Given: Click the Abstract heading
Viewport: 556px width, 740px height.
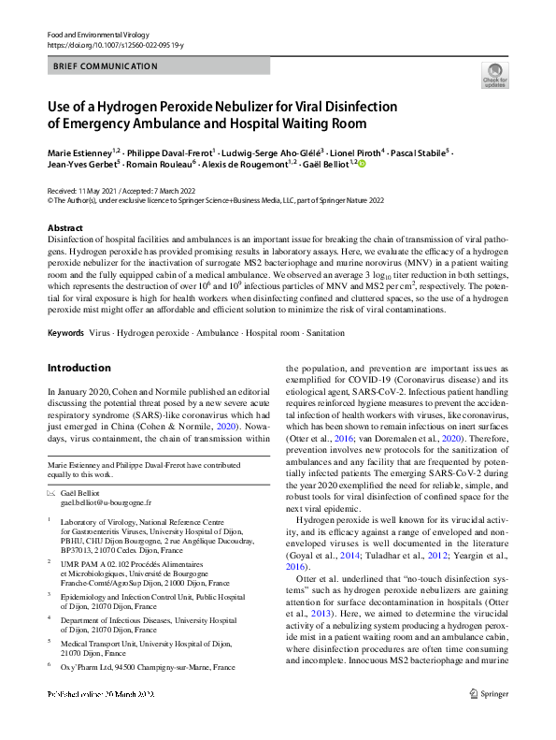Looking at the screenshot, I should coord(64,228).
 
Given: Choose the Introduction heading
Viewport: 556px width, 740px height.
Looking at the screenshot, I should coord(78,368).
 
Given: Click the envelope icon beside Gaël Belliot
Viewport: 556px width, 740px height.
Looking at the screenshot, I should coord(51,492).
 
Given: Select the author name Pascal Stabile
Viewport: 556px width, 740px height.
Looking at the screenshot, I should coord(418,152).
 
